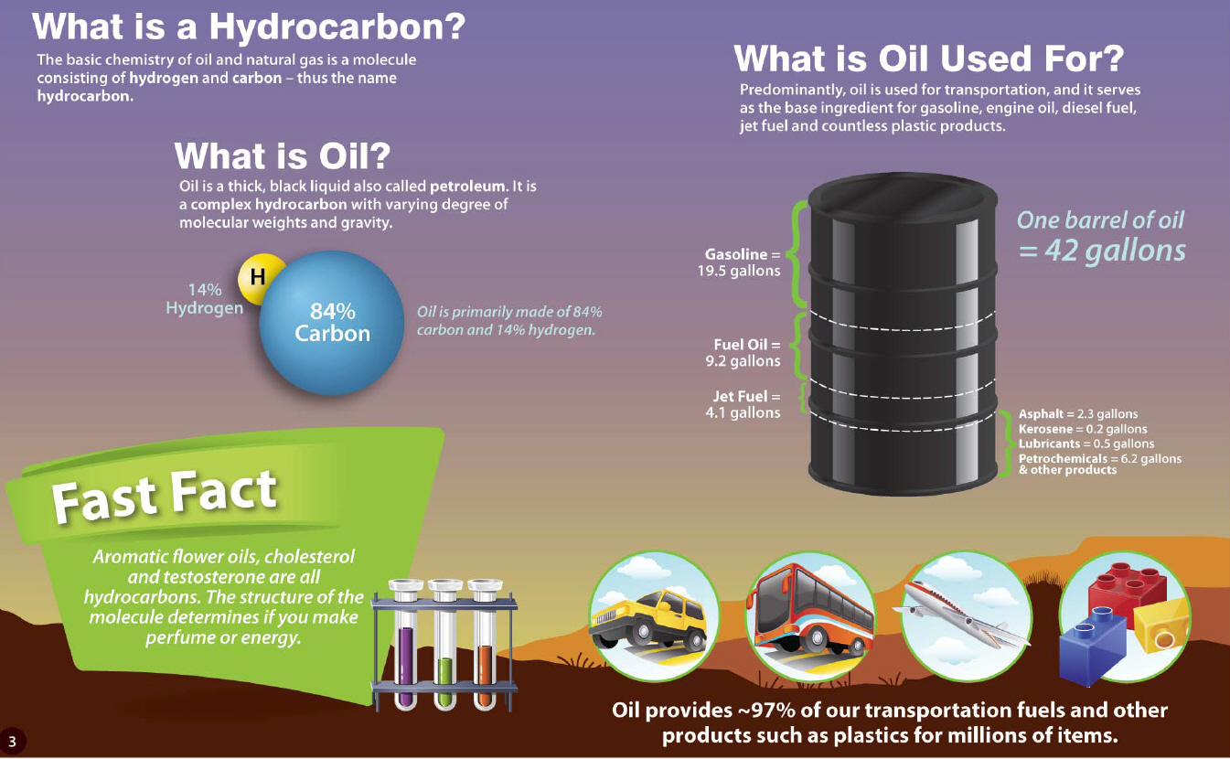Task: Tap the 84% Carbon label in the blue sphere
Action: [x=332, y=323]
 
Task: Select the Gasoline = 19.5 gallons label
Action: [x=739, y=262]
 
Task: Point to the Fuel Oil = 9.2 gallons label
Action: [x=743, y=353]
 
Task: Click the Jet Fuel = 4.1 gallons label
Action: [x=743, y=404]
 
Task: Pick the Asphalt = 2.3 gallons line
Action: [x=1078, y=414]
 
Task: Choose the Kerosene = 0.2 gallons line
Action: [x=1083, y=429]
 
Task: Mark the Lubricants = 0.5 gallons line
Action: [x=1086, y=444]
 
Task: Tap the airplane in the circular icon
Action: [x=961, y=613]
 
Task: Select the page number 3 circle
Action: [x=12, y=742]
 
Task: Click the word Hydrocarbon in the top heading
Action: [x=337, y=26]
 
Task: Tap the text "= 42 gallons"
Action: [x=1102, y=251]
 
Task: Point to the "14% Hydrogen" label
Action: [x=204, y=299]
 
